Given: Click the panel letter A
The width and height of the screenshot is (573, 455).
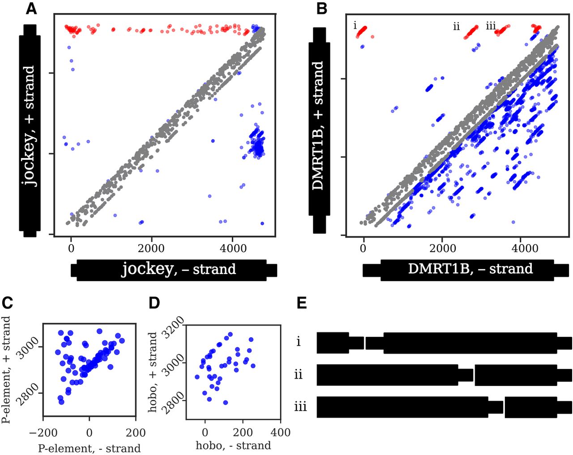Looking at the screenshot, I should point(31,8).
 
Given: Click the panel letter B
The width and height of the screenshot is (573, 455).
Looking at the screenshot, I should point(322,8).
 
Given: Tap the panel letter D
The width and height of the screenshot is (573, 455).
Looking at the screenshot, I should point(154,303).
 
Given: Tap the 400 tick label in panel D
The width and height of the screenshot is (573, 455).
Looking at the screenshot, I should point(280,433).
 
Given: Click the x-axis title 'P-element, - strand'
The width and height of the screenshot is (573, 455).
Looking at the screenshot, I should point(89,448).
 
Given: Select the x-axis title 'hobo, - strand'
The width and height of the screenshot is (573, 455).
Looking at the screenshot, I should point(233,446).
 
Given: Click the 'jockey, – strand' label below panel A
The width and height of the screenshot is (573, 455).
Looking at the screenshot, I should point(179,269).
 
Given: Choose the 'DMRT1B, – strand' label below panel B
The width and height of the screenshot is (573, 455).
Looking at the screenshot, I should point(470,269).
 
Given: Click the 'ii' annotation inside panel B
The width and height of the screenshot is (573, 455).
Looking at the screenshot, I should point(456,27).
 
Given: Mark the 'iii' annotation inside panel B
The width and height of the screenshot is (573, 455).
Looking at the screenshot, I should point(491,26).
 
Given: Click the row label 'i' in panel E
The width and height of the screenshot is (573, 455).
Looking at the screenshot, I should point(299,342).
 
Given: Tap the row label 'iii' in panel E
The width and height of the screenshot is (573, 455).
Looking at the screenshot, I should point(300,407).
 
